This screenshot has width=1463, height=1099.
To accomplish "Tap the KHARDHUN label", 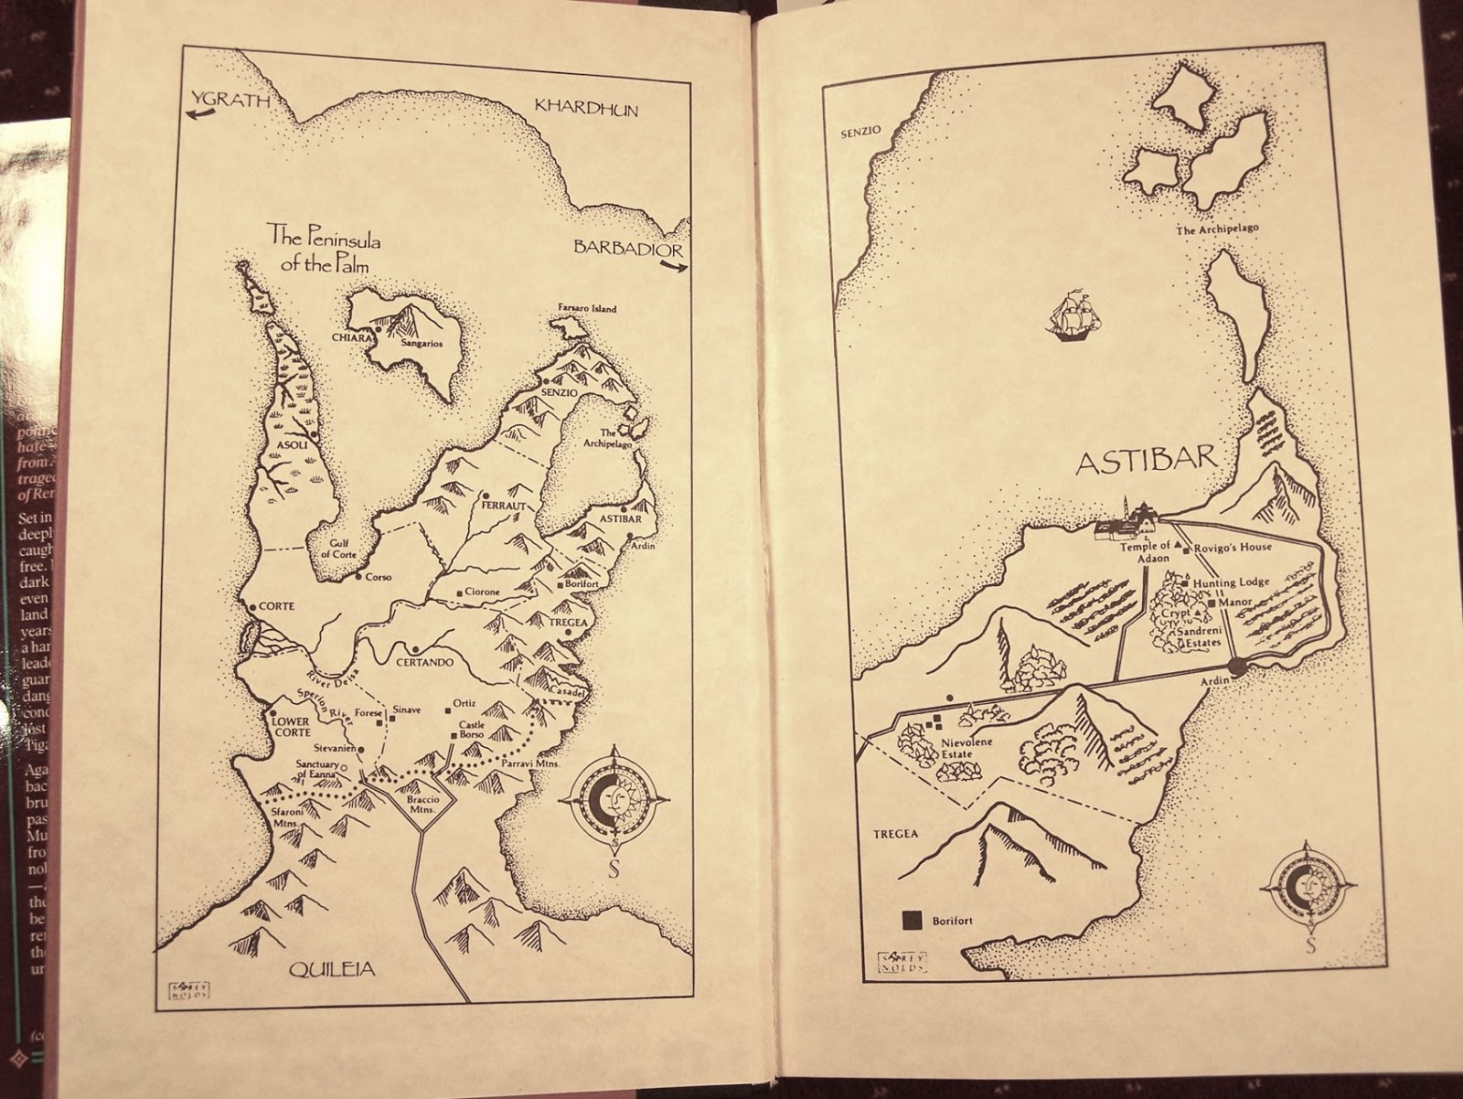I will (586, 109).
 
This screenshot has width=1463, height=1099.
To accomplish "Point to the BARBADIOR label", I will (627, 248).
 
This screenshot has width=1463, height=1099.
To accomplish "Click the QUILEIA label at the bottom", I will (332, 969).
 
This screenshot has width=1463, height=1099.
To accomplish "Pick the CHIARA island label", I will (353, 338).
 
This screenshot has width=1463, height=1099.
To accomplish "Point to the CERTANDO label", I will (425, 662).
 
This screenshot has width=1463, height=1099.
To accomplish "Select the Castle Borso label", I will (472, 729).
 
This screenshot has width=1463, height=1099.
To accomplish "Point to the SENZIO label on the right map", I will (860, 132).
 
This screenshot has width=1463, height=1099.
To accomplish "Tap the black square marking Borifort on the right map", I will (911, 921).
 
